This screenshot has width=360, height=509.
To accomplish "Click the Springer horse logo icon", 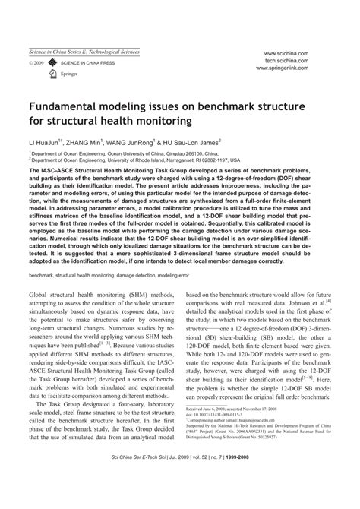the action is pos(52,73).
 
